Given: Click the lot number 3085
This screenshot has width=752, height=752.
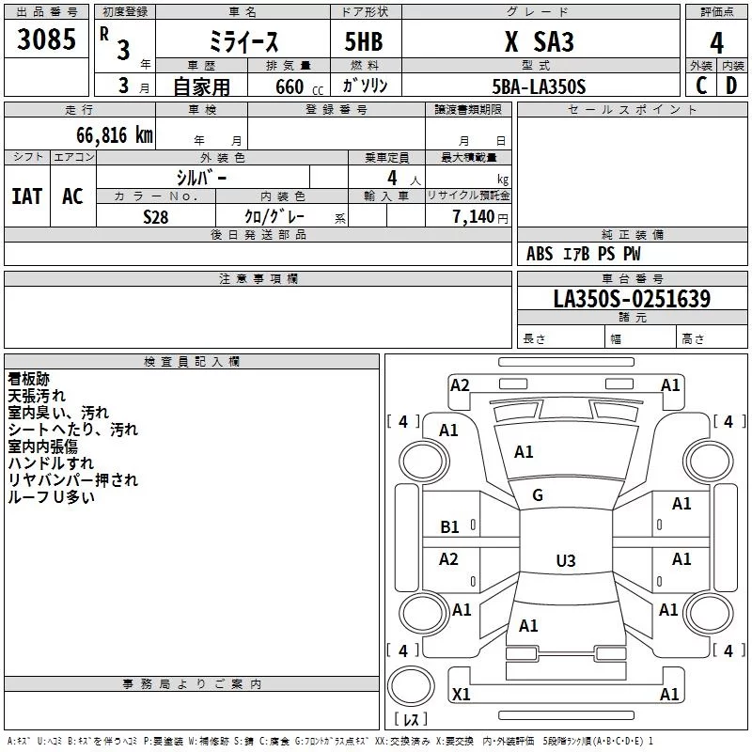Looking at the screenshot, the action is (46, 39).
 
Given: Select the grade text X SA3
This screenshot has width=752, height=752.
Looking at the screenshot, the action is (540, 41).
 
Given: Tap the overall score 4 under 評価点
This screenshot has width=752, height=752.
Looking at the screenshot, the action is (716, 43).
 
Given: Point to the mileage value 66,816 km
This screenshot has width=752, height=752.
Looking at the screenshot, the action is (115, 135).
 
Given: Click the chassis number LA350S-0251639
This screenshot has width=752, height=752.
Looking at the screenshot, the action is (632, 299).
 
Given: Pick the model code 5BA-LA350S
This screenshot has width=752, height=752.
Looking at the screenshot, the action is (539, 86).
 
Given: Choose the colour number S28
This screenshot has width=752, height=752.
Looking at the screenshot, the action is (156, 217).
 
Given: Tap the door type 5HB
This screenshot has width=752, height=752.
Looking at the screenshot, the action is (364, 41).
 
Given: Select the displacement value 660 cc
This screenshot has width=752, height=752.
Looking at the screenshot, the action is (299, 87).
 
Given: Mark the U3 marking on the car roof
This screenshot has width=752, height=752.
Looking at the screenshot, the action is (566, 560).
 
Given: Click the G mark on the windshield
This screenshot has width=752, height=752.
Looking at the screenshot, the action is (538, 495).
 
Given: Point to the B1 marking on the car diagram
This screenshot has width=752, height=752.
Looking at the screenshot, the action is (449, 527).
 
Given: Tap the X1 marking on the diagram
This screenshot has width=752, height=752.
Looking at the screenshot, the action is (461, 694).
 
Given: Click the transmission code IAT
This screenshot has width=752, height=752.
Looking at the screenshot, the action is (27, 196).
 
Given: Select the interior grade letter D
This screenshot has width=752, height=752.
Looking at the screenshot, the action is (731, 86).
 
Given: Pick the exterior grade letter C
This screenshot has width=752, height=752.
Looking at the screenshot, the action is (701, 86).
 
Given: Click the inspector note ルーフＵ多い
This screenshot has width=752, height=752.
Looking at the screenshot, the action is (51, 497).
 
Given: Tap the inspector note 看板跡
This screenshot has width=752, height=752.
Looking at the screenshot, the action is (29, 379).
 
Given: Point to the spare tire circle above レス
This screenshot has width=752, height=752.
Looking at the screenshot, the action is (411, 686).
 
